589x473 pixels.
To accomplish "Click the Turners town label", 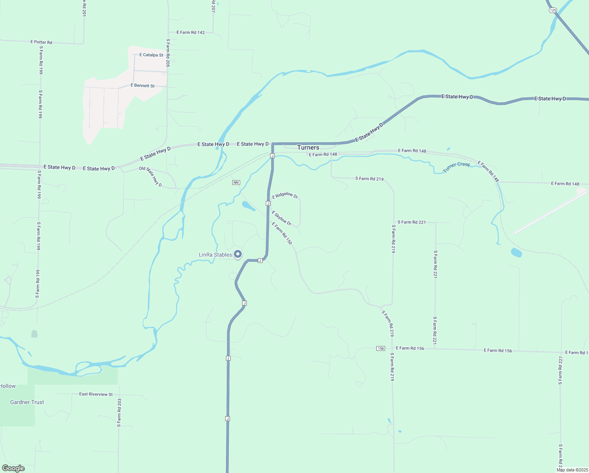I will click(x=308, y=147).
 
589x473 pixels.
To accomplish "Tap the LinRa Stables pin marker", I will click(x=238, y=254).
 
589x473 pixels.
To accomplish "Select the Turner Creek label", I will click(x=456, y=167).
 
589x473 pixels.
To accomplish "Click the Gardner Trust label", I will click(x=27, y=402).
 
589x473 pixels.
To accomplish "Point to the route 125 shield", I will click(x=553, y=10).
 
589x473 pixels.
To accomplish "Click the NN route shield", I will click(x=236, y=182).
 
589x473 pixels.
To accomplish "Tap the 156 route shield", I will click(x=380, y=348).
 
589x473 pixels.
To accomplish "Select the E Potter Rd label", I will click(x=41, y=42).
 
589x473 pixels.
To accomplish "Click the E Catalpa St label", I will click(x=151, y=55).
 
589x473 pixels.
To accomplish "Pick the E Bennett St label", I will click(x=143, y=86).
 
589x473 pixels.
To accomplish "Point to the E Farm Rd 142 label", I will click(x=191, y=32).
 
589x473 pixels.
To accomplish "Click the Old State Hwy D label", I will click(x=150, y=176).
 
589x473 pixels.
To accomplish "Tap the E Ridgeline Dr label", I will click(x=285, y=195).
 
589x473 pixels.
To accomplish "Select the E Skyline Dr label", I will click(x=282, y=218).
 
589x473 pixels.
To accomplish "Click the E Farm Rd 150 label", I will click(x=282, y=233).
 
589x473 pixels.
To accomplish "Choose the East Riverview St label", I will click(x=96, y=394).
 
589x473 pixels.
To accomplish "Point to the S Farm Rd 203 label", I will click(x=119, y=413).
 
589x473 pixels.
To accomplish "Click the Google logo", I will click(x=13, y=468).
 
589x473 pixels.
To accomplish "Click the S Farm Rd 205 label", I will click(x=168, y=53).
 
